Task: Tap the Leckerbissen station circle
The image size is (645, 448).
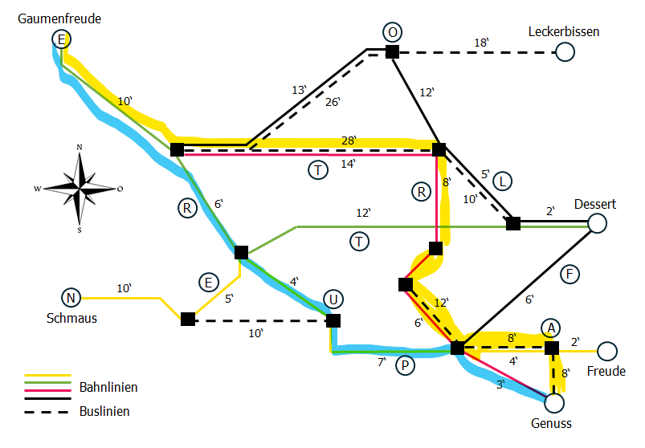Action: point(565,52)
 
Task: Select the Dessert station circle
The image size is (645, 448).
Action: point(597,223)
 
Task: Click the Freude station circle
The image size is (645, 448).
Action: point(607,351)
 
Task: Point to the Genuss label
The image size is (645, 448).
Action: point(552,423)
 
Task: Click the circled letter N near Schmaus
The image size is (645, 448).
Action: point(71,299)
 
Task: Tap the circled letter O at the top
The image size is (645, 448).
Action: point(392,32)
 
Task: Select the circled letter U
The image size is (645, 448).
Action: point(333,300)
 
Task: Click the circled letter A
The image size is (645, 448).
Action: point(550,328)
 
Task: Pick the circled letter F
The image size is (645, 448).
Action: point(569,273)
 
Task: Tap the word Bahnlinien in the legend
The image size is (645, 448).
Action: point(108,388)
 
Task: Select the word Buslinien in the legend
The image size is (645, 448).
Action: point(104,411)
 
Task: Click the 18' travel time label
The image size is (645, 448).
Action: point(482,43)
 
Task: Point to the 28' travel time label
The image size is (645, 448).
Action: point(349,141)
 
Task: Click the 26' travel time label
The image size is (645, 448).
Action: point(333,102)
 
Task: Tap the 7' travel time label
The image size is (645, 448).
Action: point(382,363)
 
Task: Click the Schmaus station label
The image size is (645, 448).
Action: point(71,318)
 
